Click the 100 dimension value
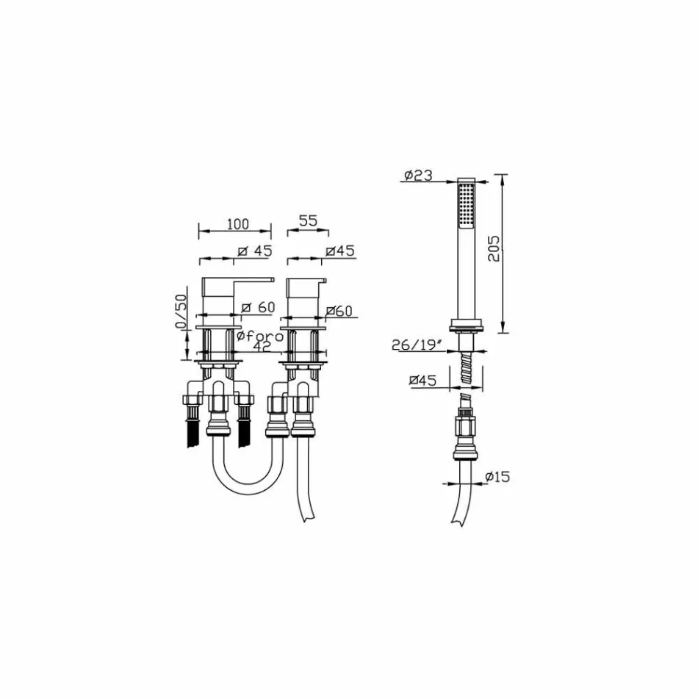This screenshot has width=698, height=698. (237, 224)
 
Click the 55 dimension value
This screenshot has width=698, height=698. (308, 220)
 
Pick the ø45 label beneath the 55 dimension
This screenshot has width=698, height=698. (340, 251)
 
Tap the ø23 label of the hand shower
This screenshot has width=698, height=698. (418, 176)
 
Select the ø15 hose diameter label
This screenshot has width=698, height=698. (497, 477)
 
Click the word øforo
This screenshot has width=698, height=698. (260, 336)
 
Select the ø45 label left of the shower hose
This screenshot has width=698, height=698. (422, 380)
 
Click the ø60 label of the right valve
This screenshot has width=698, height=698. (339, 312)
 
